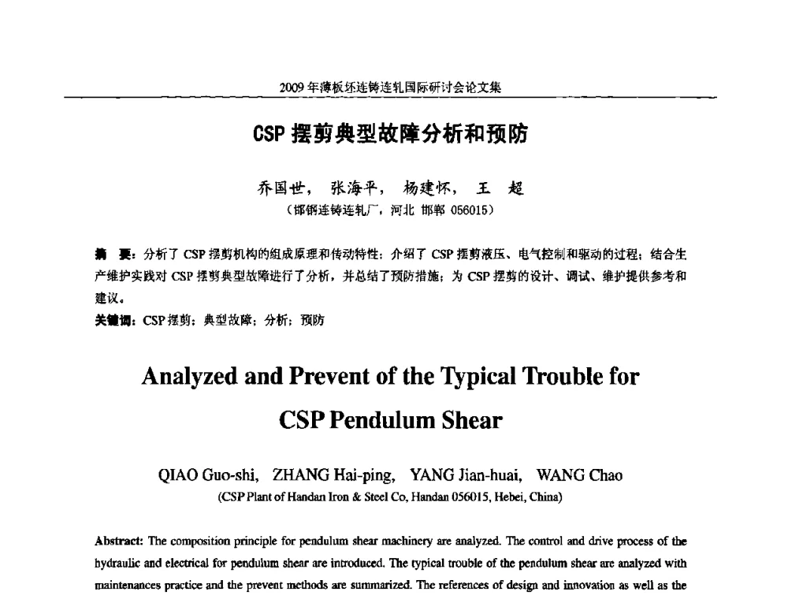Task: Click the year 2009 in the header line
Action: (292, 87)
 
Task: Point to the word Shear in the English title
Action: (474, 420)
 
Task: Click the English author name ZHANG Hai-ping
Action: (333, 474)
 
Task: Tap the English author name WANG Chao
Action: (579, 474)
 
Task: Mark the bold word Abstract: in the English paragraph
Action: (121, 541)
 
